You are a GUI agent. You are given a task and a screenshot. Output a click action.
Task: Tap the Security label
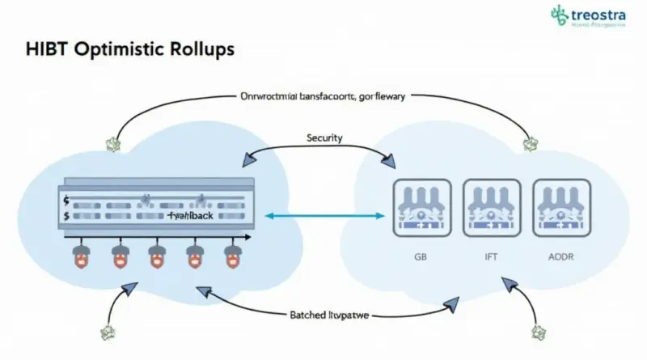[323, 138]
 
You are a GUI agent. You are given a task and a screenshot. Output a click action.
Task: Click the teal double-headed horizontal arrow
[324, 216]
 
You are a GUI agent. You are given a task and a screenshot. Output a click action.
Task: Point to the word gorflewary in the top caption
[378, 96]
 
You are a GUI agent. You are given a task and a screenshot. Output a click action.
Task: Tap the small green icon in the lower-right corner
[539, 331]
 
